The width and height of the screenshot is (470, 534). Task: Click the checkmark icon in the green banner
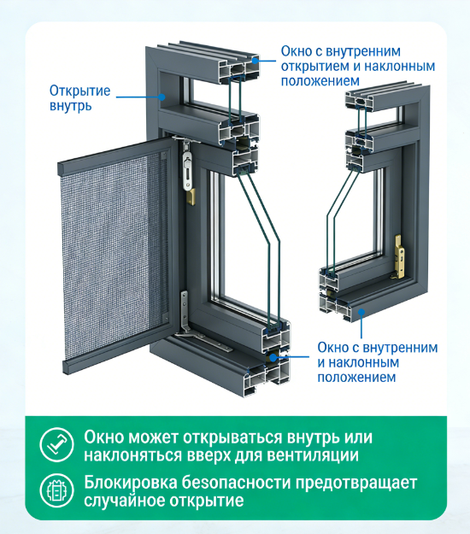click(56, 445)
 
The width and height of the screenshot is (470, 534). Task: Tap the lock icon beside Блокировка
click(56, 490)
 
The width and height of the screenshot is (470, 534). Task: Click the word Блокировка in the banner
click(131, 483)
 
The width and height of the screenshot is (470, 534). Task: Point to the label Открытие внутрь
click(80, 98)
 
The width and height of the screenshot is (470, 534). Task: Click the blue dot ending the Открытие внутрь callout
click(162, 97)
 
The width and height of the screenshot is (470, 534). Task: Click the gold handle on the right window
click(400, 255)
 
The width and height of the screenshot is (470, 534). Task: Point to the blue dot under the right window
click(361, 312)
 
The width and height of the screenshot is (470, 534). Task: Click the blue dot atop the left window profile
click(255, 61)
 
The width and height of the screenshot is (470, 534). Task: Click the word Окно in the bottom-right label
click(332, 348)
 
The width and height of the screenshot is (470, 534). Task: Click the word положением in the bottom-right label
click(356, 378)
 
